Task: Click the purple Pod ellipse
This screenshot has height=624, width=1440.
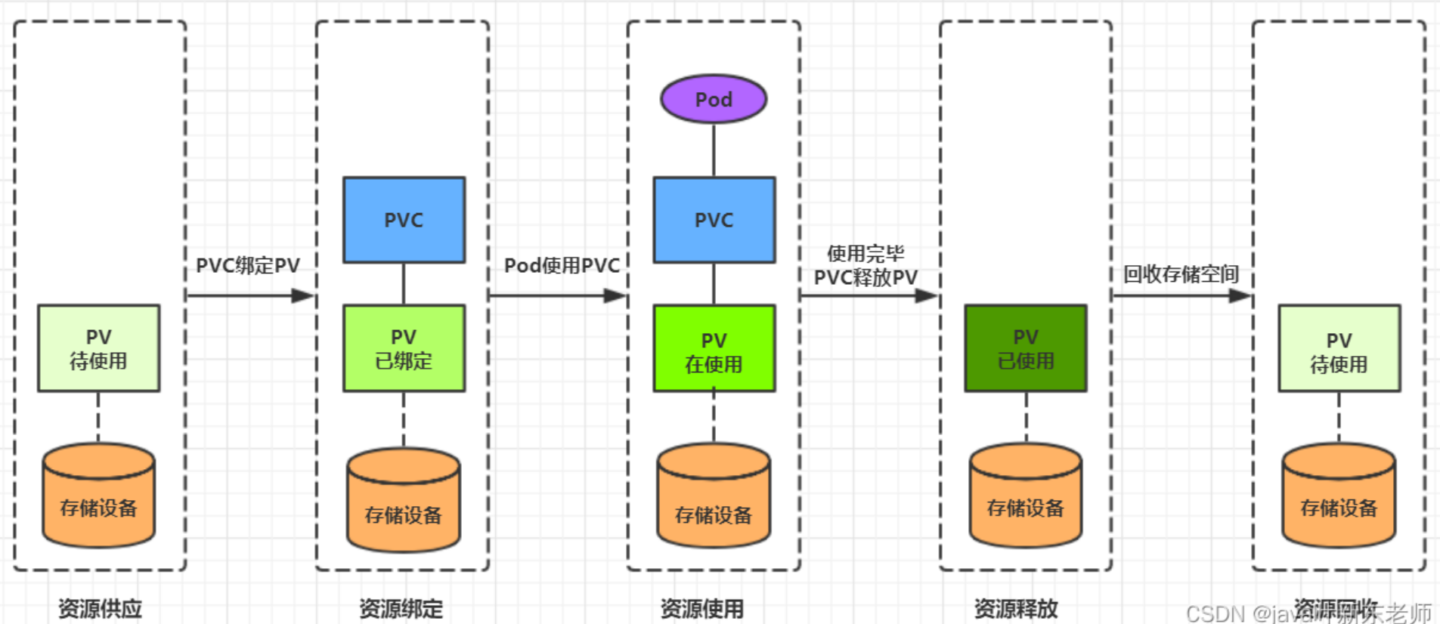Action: [x=714, y=99]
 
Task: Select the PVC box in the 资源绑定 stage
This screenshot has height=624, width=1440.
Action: [x=404, y=220]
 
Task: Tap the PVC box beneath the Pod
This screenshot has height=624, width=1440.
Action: [x=714, y=220]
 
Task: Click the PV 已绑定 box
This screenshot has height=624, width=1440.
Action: [x=404, y=348]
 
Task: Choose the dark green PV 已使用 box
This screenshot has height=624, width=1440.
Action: [x=1025, y=348]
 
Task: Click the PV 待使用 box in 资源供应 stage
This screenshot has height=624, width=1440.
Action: [x=98, y=348]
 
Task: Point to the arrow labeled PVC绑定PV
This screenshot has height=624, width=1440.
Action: [x=249, y=295]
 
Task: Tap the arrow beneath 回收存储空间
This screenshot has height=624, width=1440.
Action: [x=1181, y=295]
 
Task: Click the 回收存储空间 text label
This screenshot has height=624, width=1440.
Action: [x=1181, y=274]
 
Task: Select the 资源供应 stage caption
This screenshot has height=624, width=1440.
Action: [x=100, y=608]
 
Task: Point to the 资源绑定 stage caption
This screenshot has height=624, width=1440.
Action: [x=401, y=608]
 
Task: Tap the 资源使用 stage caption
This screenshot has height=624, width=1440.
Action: [x=701, y=608]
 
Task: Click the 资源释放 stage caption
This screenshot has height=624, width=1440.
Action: [x=1016, y=608]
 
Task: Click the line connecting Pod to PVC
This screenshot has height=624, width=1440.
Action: [x=714, y=150]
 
